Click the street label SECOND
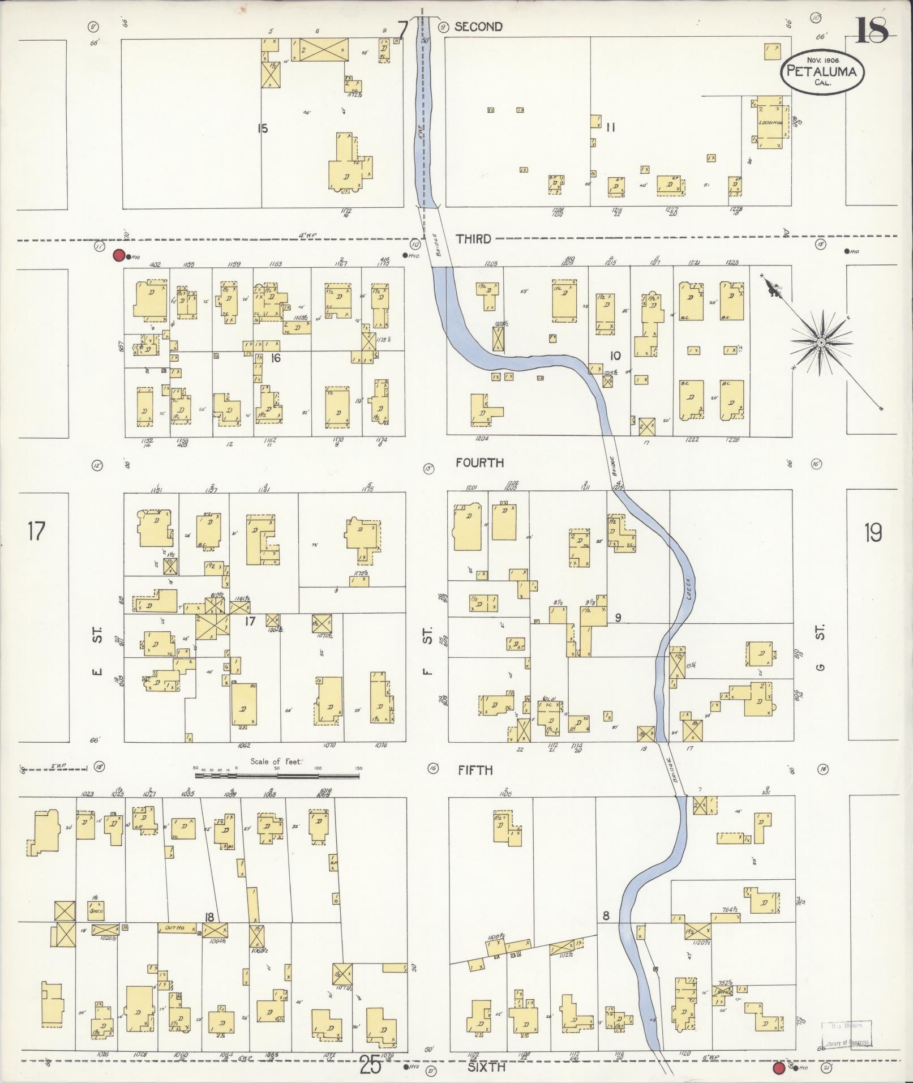(478, 27)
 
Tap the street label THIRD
(473, 239)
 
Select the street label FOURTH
(479, 463)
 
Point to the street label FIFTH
(475, 770)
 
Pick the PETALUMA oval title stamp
(822, 70)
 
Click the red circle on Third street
(119, 255)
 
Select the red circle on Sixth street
(779, 1068)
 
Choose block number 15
(262, 129)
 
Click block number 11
(610, 127)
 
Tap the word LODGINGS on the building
(770, 122)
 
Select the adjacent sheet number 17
(36, 532)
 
